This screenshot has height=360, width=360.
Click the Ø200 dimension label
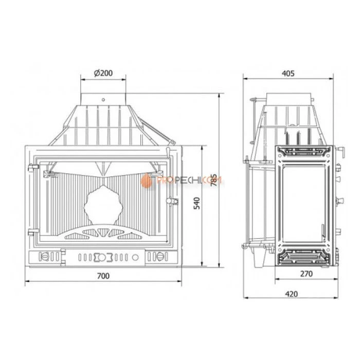pos(103,73)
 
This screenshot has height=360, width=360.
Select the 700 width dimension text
pos(103,276)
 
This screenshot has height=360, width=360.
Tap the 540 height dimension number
pos(197,203)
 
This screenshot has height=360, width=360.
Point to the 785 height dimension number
pos(214,180)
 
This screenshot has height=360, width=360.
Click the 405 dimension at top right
pos(288,74)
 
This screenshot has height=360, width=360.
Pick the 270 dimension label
pos(307,274)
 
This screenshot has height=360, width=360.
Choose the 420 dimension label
pos(292,294)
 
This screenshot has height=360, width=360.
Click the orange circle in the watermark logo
pos(146,181)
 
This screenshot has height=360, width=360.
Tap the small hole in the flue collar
pos(103,100)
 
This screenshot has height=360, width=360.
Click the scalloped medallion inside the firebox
pos(103,205)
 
